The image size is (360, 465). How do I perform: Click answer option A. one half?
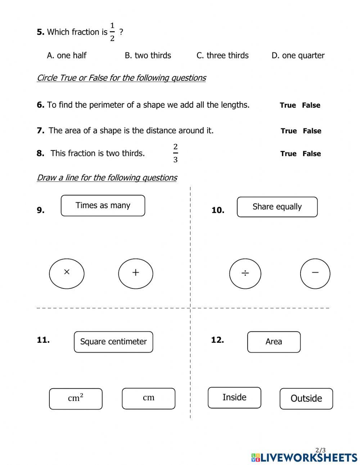(67, 55)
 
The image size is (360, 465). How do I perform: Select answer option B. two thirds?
(148, 55)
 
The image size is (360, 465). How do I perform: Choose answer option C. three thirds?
(222, 55)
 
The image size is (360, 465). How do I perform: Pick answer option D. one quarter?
(298, 55)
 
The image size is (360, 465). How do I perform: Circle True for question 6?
(288, 105)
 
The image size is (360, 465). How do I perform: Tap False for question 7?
(312, 131)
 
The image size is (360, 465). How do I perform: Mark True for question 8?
(288, 153)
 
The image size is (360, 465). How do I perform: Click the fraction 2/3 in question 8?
(175, 153)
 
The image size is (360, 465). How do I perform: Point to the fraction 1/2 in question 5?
(112, 32)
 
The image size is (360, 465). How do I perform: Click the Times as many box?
(103, 206)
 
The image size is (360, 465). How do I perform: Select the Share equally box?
(277, 207)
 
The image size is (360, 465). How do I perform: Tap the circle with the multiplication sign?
(67, 274)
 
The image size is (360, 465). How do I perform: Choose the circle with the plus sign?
(136, 274)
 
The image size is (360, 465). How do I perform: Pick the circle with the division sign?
(245, 274)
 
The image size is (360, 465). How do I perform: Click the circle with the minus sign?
(315, 274)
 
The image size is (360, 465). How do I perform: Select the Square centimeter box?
(113, 342)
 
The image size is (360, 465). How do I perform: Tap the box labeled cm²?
(76, 399)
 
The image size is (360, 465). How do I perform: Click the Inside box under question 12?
(234, 398)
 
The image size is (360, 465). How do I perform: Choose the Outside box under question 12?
(306, 399)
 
